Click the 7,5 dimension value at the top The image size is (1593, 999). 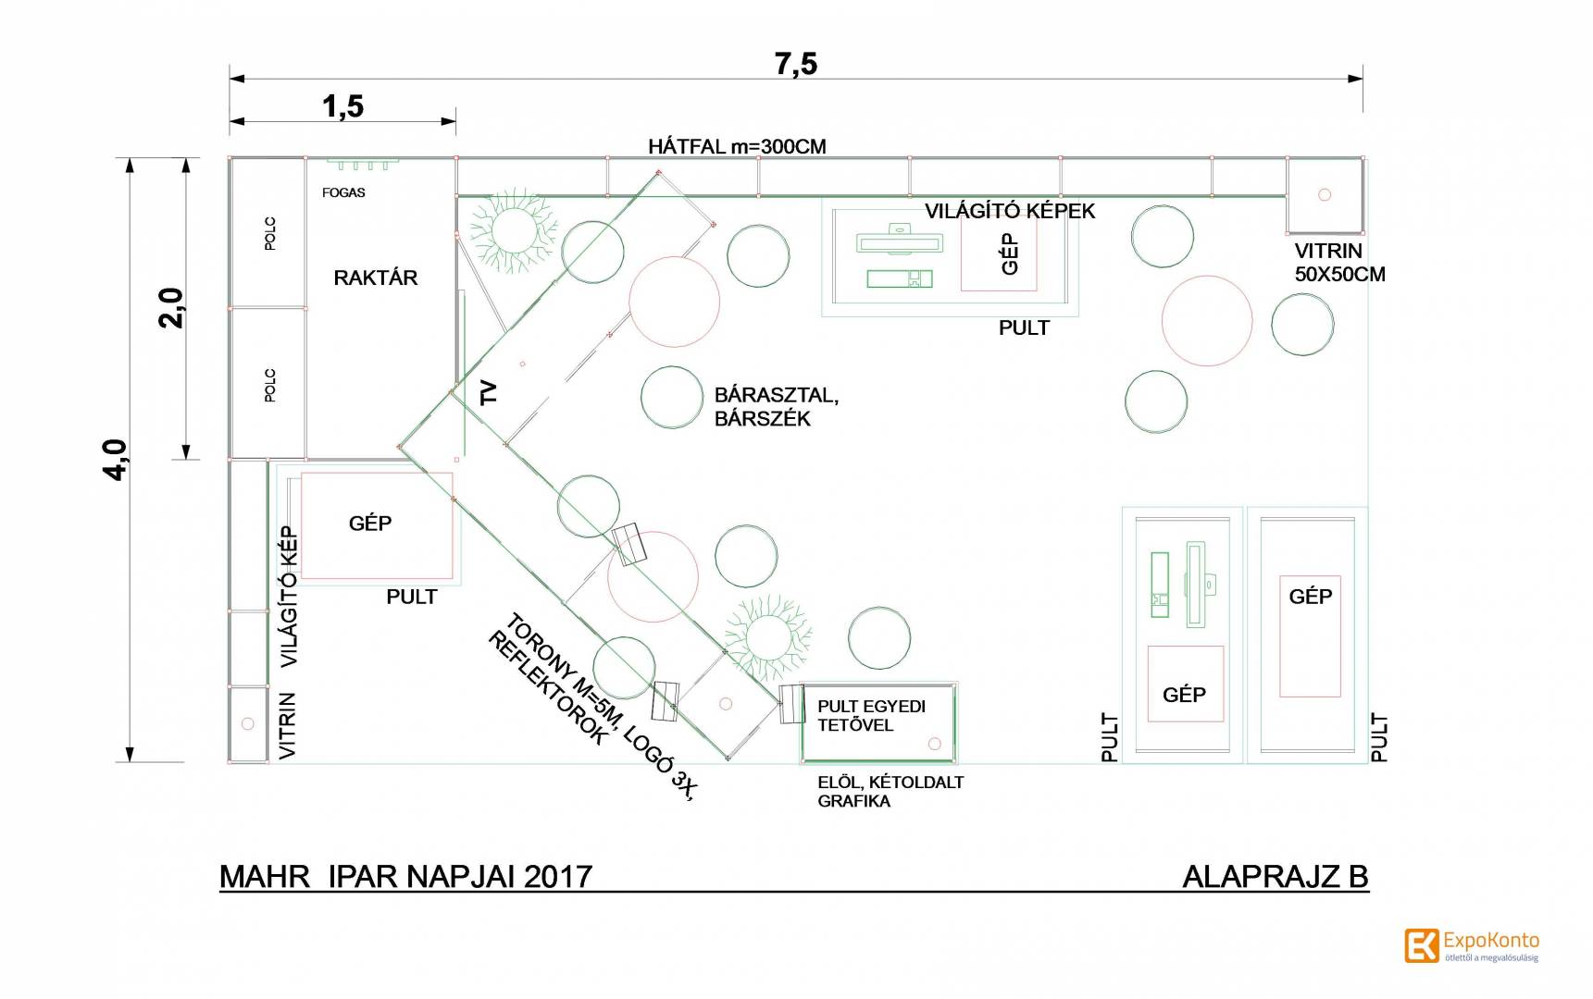[x=796, y=64]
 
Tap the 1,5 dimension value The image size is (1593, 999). [x=342, y=107]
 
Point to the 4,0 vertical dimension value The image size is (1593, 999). [x=116, y=459]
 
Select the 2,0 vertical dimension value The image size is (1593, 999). [x=171, y=308]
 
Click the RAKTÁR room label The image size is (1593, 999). [x=375, y=277]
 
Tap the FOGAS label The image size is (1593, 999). [x=343, y=192]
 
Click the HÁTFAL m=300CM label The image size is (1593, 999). [x=737, y=146]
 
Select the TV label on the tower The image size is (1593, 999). [x=489, y=392]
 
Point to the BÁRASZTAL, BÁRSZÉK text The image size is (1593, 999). [x=777, y=407]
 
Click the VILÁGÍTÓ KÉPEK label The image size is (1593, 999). [x=1010, y=211]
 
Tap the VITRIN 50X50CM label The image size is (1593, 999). [x=1339, y=262]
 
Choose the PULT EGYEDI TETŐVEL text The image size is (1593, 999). [x=871, y=716]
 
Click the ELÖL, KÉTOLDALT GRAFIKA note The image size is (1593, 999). [x=890, y=792]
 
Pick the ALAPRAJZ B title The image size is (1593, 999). [x=1276, y=876]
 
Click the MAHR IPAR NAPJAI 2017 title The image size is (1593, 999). [x=405, y=876]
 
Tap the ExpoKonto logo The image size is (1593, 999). [x=1472, y=945]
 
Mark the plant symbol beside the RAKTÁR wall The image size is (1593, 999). [x=511, y=226]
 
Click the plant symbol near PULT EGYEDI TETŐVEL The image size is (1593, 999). [x=767, y=635]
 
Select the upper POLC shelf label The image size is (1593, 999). [x=270, y=233]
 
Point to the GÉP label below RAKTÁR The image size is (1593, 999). [x=370, y=524]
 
